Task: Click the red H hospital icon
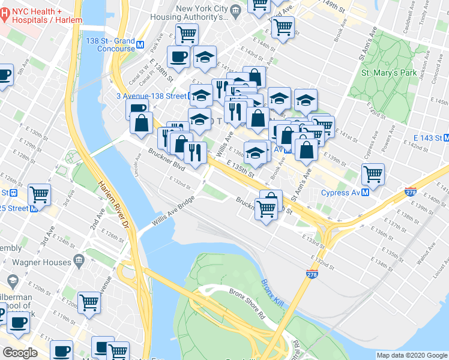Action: [x=5, y=12]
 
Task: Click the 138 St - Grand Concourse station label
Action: [x=110, y=44]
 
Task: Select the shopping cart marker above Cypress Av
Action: [x=373, y=174]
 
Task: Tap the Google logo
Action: [x=20, y=353]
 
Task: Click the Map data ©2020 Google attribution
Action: [x=412, y=355]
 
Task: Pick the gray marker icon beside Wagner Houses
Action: [x=78, y=260]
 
